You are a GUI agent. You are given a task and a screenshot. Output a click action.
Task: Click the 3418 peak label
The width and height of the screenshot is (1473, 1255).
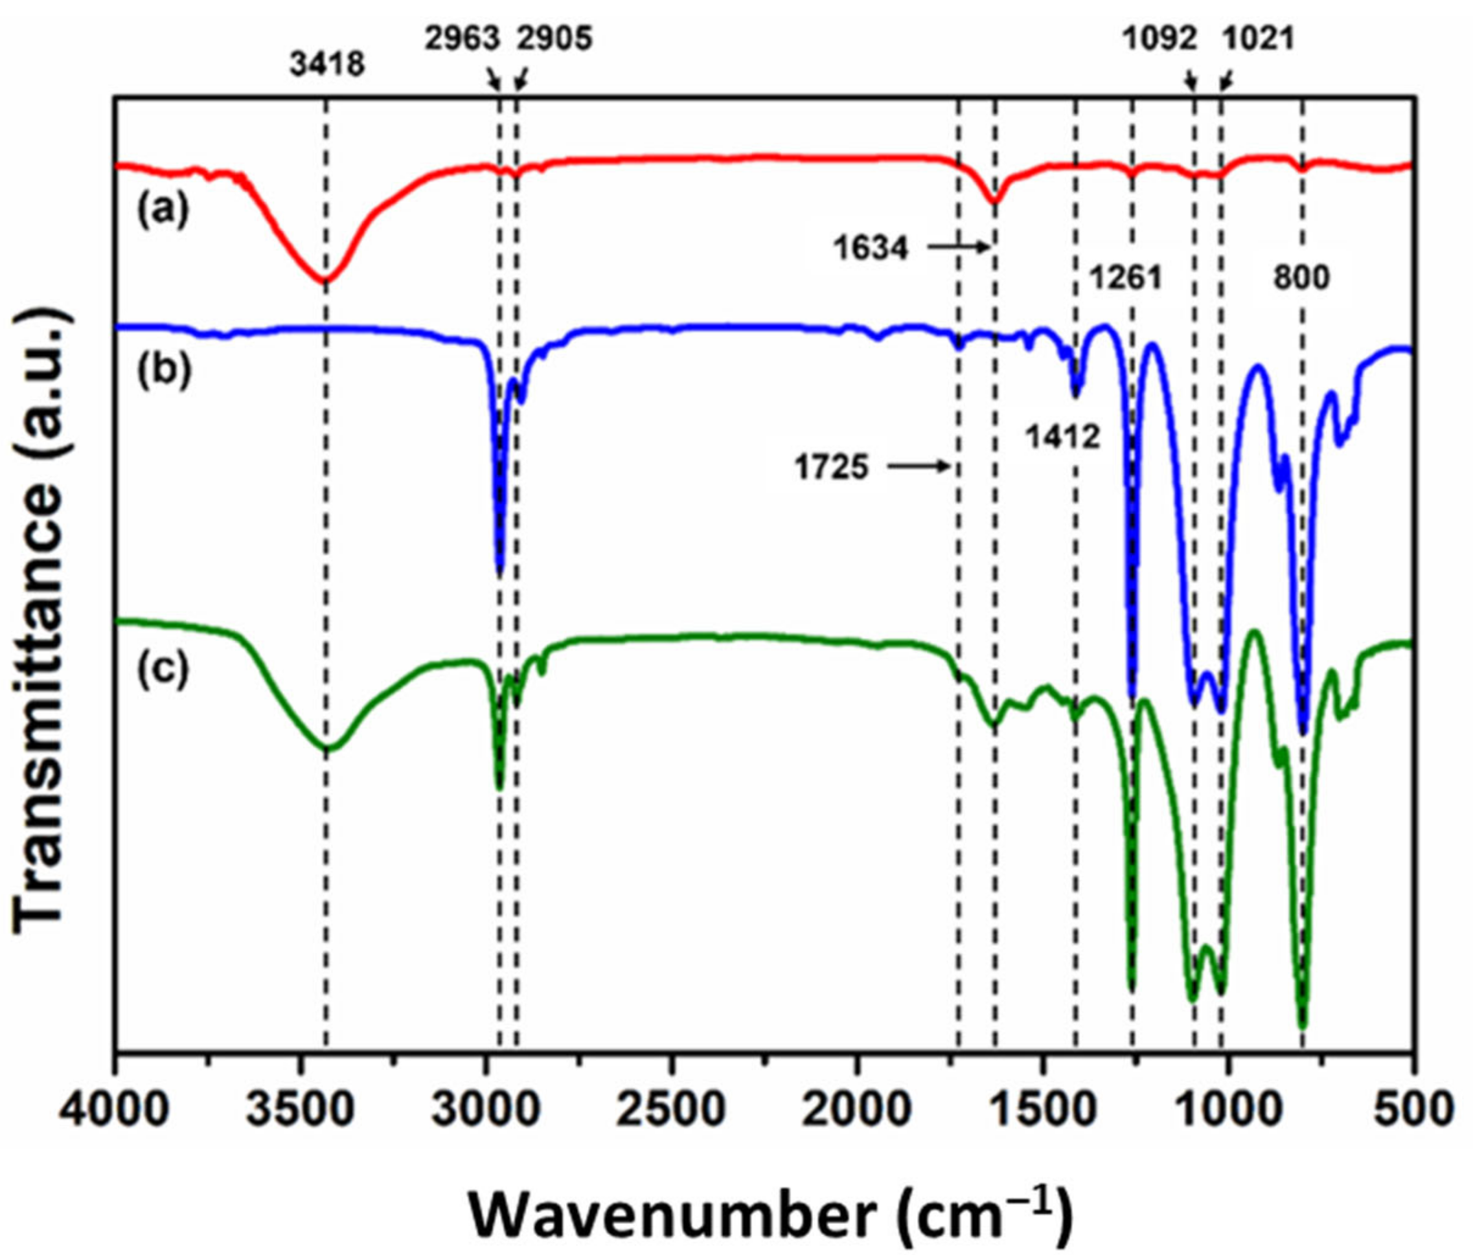coord(327,65)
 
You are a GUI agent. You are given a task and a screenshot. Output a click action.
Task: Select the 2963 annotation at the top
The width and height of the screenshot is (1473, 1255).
coord(462,40)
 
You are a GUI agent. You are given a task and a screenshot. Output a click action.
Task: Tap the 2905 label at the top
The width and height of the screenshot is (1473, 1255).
coord(554,40)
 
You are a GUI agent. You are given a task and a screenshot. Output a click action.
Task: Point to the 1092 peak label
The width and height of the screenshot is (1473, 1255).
coord(1159,40)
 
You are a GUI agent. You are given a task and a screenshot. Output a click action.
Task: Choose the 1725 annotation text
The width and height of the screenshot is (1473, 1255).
coord(832,468)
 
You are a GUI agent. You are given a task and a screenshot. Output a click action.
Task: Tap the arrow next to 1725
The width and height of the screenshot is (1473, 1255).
coord(919,467)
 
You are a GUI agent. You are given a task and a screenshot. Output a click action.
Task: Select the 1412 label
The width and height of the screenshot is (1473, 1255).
coord(1063,436)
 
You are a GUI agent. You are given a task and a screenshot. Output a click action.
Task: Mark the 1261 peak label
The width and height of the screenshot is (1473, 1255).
coord(1126,277)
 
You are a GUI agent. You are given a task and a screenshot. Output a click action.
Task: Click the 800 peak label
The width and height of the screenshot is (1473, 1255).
coord(1301,277)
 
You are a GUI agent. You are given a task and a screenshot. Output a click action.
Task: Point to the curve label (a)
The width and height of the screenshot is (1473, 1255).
coord(163,211)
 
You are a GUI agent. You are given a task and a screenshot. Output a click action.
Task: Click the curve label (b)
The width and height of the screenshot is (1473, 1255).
coord(163,370)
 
